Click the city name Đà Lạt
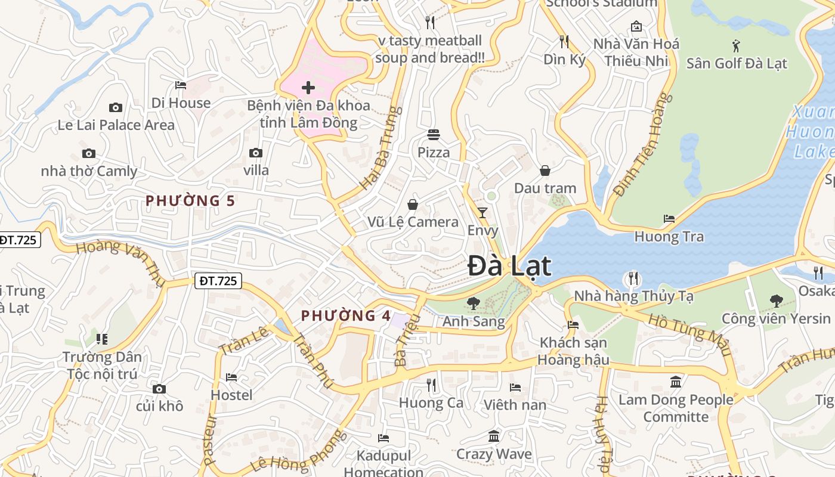(x=509, y=266)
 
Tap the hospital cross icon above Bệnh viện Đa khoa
(x=308, y=88)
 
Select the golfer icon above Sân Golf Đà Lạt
(x=737, y=45)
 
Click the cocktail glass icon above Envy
(x=483, y=212)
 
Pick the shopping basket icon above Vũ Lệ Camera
(x=412, y=205)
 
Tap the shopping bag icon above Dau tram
(x=545, y=171)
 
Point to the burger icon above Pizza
(x=434, y=135)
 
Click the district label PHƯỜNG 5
(x=190, y=201)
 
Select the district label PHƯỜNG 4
(x=346, y=315)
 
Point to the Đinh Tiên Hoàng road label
(x=639, y=144)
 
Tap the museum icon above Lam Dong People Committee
(x=676, y=382)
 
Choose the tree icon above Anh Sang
(x=474, y=303)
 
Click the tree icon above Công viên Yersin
(x=776, y=301)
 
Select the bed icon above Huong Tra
(x=669, y=219)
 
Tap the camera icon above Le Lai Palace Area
(x=116, y=107)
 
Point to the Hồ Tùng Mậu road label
(x=689, y=334)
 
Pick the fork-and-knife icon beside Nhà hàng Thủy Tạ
(x=633, y=278)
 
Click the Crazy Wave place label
(x=494, y=454)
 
